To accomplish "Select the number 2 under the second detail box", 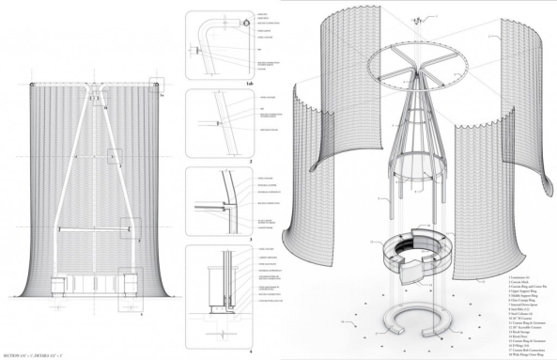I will coord(251,161).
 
